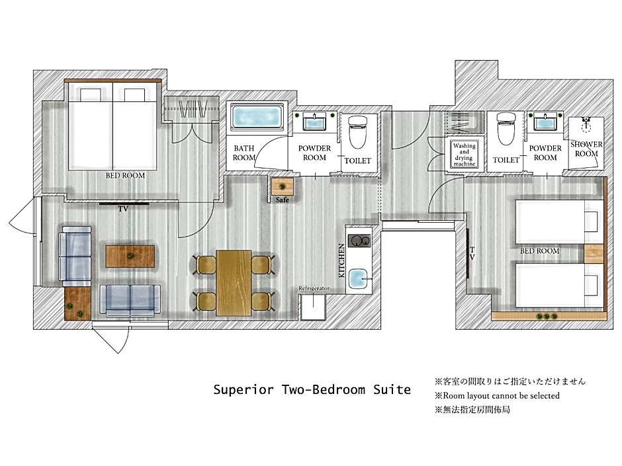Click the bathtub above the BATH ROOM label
coord(257,117)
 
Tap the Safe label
coord(283,200)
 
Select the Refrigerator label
coord(314,288)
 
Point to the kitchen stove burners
coord(359,241)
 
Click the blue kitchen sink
coord(359,278)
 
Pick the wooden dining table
coord(234,282)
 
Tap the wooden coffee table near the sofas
coord(130,256)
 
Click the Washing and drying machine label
coord(464,155)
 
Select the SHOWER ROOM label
coord(586,149)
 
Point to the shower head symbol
coord(586,124)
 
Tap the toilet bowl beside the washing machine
coord(506,129)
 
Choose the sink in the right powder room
coord(545,121)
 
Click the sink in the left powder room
coord(314,121)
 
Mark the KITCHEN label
coord(341,260)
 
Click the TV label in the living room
coord(123,209)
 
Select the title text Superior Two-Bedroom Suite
coord(312,389)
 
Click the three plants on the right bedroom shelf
coord(547,316)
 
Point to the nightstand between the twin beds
coord(594,254)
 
